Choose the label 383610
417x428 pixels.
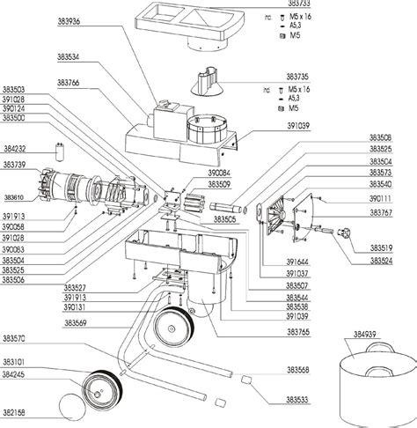[x=16, y=197]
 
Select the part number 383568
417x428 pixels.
[x=299, y=370]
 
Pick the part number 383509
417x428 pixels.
[x=195, y=186]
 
